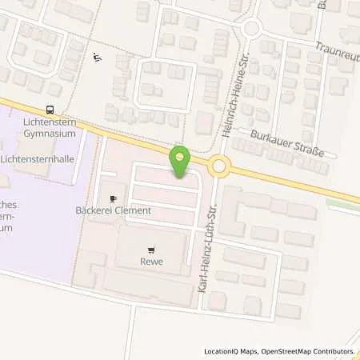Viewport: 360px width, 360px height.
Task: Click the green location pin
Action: (x=181, y=162)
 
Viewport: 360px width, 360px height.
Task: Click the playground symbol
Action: (x=98, y=57)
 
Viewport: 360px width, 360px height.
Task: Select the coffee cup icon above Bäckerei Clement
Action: (x=113, y=197)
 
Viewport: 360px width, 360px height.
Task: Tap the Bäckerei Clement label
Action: (x=113, y=210)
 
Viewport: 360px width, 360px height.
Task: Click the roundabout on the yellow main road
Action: (x=219, y=166)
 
